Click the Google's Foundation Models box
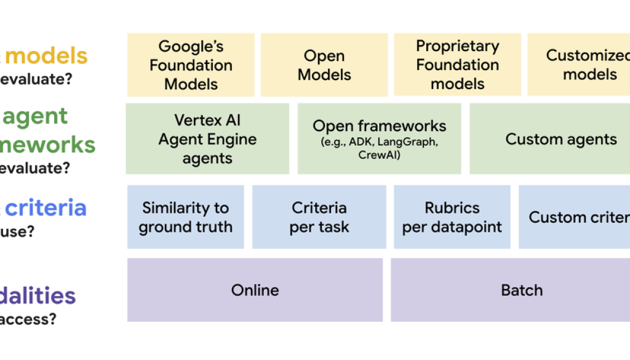pos(191,65)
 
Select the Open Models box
pos(324,65)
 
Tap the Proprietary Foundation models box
pos(457,65)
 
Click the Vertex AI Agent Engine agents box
pos(207,138)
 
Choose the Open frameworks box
pos(379,138)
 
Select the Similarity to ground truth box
pos(185,217)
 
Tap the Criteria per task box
pos(319,217)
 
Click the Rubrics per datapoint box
pos(452,217)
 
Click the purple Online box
pos(255,290)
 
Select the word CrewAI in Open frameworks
pos(379,155)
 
